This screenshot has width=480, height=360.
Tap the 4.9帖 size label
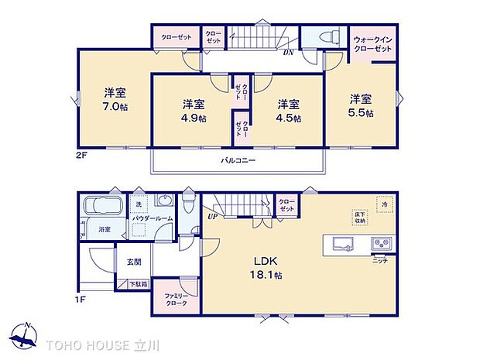tap(194, 118)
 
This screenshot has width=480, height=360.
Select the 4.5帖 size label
tap(290, 118)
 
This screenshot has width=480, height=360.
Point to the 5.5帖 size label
tap(361, 113)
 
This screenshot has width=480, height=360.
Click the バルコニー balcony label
tap(238, 160)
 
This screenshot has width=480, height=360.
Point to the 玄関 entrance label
tap(132, 262)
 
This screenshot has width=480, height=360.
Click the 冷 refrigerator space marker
tap(384, 204)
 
